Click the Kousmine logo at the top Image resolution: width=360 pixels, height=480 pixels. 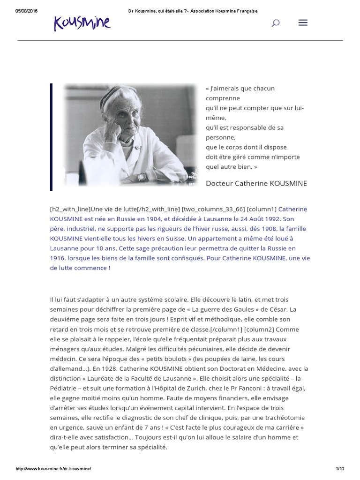[82, 22]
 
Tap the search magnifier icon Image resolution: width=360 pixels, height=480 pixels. [276, 23]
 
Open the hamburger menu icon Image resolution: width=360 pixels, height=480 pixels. [303, 22]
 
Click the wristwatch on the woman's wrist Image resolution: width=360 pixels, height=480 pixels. [142, 177]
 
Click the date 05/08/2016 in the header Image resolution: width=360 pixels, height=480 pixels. [27, 11]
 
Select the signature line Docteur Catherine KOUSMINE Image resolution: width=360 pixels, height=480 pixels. [256, 183]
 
